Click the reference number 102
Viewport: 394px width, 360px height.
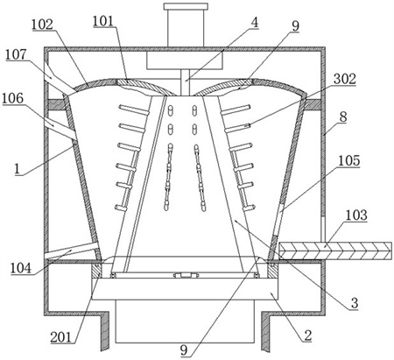42,25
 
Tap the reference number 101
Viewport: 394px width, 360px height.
104,21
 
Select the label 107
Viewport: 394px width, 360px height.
16,54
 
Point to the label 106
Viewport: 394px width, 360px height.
12,98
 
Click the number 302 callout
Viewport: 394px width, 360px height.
345,79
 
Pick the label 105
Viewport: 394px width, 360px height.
349,161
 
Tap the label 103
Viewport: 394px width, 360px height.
356,215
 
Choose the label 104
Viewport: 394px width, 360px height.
21,268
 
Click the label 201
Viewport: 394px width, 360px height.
61,337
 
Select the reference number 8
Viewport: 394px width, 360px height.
343,117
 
